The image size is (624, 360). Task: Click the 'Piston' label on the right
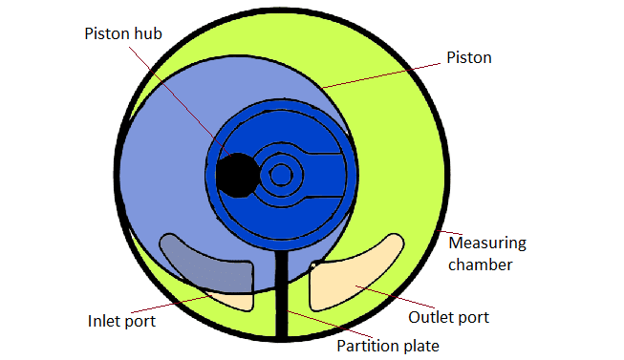pyautogui.click(x=469, y=57)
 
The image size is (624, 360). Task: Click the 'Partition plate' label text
pyautogui.click(x=386, y=344)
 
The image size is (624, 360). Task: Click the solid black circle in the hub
pyautogui.click(x=235, y=175)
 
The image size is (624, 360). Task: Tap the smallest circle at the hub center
pyautogui.click(x=280, y=175)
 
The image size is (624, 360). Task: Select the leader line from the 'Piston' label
pyautogui.click(x=382, y=72)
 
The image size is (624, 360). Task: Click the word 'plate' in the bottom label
pyautogui.click(x=419, y=344)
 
